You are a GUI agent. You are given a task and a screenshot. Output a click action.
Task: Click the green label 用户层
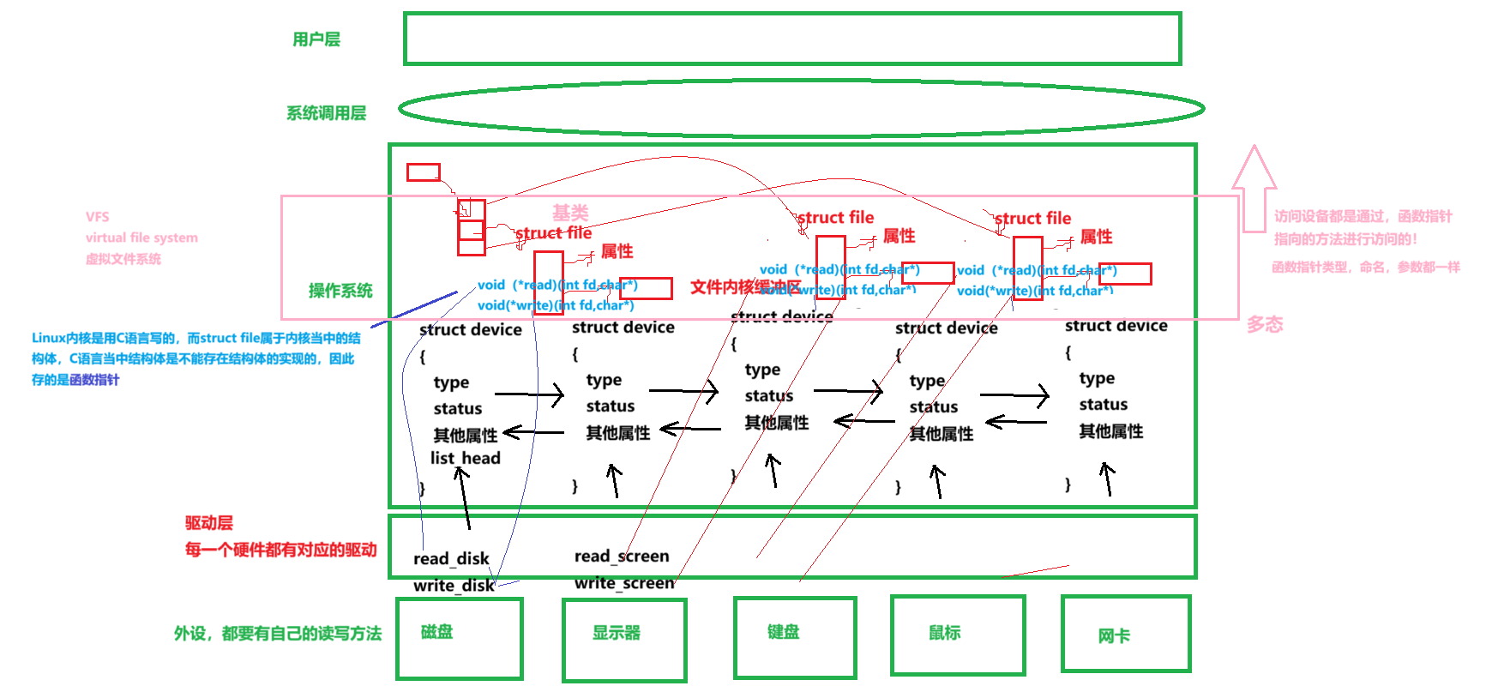tap(316, 39)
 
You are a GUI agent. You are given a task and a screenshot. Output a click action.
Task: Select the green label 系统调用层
tap(326, 113)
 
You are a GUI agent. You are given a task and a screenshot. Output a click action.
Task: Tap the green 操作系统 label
tap(340, 291)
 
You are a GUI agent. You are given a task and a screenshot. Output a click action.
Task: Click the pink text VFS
tap(98, 217)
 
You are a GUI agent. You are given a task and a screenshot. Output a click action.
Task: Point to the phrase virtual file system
tap(141, 238)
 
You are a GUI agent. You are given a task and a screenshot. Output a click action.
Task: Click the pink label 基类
tap(570, 213)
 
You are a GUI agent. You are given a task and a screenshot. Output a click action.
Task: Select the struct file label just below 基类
tap(553, 232)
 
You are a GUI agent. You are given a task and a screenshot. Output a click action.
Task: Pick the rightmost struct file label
tap(1032, 219)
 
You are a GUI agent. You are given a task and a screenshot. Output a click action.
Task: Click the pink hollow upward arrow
tap(1254, 189)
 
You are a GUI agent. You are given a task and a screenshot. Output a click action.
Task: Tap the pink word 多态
tap(1265, 324)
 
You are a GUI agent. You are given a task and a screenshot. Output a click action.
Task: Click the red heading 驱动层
tap(209, 523)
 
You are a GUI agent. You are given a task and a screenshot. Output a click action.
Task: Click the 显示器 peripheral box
tap(624, 639)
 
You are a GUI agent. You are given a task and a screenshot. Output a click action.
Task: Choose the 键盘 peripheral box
tap(795, 636)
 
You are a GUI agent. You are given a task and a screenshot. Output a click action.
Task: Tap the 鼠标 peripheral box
tap(958, 635)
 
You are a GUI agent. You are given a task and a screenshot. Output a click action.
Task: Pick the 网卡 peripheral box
tap(1126, 634)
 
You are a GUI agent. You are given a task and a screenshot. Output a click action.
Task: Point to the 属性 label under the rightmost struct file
tap(1096, 237)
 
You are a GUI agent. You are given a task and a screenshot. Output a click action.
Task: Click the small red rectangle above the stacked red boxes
tap(423, 172)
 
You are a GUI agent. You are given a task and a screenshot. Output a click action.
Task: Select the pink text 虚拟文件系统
tap(123, 259)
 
